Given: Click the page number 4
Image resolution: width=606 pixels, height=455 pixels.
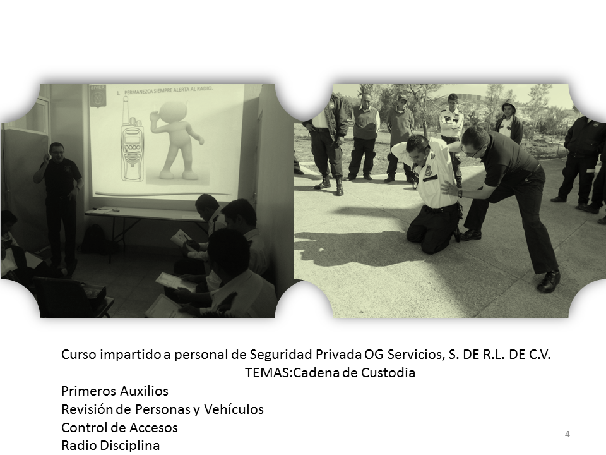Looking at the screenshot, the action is pos(567,434).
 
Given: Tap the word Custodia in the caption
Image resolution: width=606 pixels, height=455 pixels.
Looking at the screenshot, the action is pos(388,373).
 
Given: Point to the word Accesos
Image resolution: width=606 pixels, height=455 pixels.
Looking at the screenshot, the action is pos(154,428).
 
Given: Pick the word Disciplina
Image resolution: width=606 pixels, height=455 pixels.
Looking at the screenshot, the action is pos(130,446).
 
